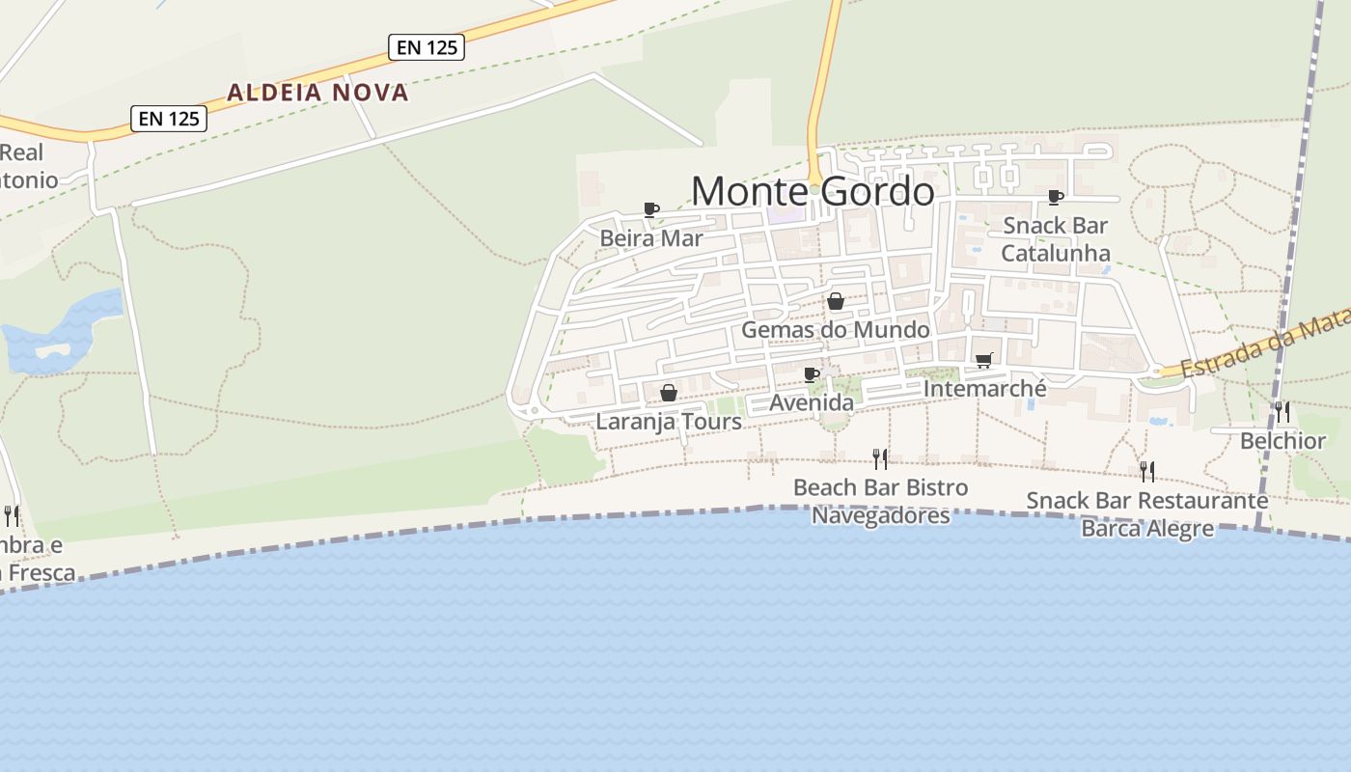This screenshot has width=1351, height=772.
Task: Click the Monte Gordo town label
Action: pos(813,191)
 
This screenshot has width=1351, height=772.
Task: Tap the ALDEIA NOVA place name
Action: pos(317,93)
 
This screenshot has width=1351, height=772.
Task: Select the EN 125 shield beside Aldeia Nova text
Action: pos(427,46)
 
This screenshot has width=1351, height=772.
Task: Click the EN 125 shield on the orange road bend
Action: pos(169,118)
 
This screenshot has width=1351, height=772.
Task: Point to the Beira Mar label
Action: pos(651,237)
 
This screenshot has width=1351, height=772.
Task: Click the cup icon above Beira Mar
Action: pos(651,209)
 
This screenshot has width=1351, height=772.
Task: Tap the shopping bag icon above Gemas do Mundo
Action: pos(836,301)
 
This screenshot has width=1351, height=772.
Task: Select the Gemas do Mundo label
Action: pos(836,329)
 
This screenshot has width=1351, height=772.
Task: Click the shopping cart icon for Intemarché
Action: pos(983,360)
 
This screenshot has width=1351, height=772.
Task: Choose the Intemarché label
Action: pos(984,388)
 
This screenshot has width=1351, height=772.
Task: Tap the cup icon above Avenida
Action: pos(812,374)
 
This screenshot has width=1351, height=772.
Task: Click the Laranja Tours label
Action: pos(669,422)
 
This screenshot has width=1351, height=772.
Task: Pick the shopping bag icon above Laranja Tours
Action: pos(668,393)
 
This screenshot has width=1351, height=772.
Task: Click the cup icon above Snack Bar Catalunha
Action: pos(1056,197)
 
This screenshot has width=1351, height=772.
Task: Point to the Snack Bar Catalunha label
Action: pos(1056,239)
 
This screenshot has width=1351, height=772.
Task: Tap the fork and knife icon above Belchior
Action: pos(1282,412)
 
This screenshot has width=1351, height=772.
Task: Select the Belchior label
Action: pos(1282,441)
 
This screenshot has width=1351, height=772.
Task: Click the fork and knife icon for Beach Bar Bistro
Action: pos(879,458)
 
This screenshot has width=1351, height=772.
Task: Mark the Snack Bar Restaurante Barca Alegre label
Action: pos(1146,514)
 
